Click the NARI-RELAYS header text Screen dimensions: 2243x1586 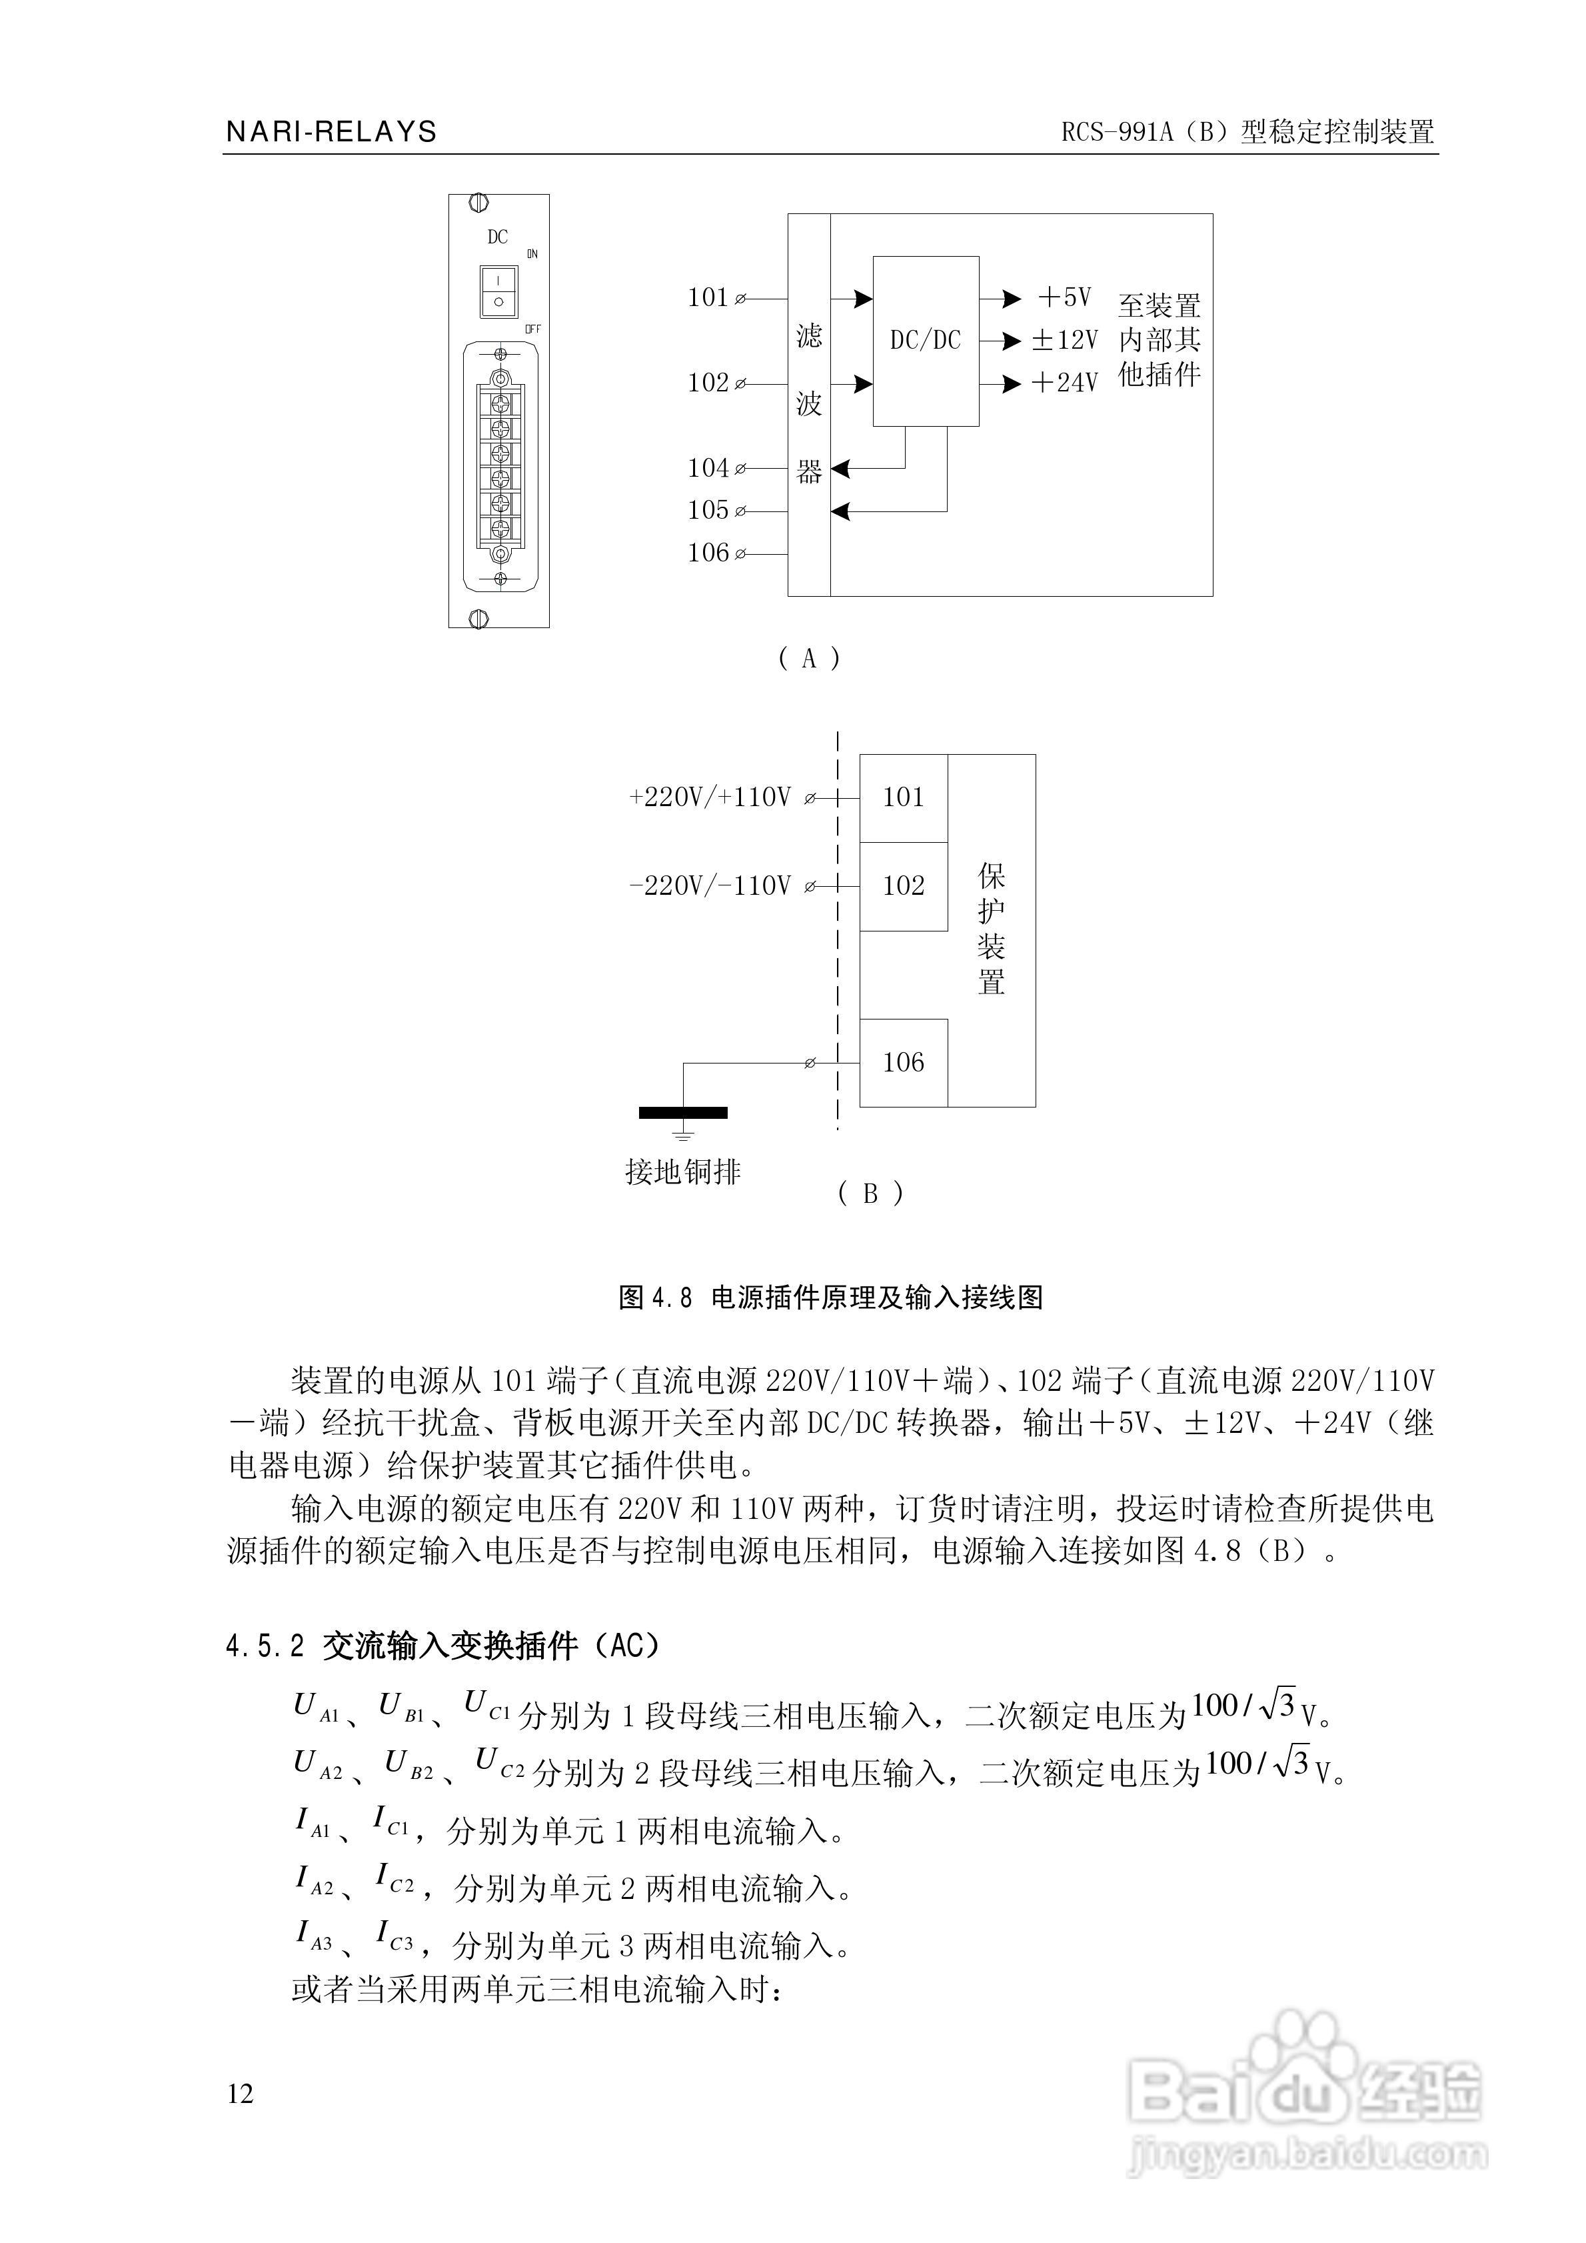[331, 132]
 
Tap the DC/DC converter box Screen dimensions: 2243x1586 [925, 340]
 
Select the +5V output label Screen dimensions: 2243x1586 [1064, 297]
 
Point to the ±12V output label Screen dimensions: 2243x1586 [1064, 340]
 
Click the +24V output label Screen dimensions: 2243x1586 [1064, 383]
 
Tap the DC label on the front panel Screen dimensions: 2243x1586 [497, 237]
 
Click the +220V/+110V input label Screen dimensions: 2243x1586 [710, 798]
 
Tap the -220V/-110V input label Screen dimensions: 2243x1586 [710, 886]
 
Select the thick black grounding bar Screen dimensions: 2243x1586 [682, 1111]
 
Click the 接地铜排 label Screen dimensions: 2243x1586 [682, 1172]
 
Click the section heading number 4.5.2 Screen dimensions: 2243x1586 [265, 1646]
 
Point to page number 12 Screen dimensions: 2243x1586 [241, 2094]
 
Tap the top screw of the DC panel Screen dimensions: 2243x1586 [478, 203]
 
